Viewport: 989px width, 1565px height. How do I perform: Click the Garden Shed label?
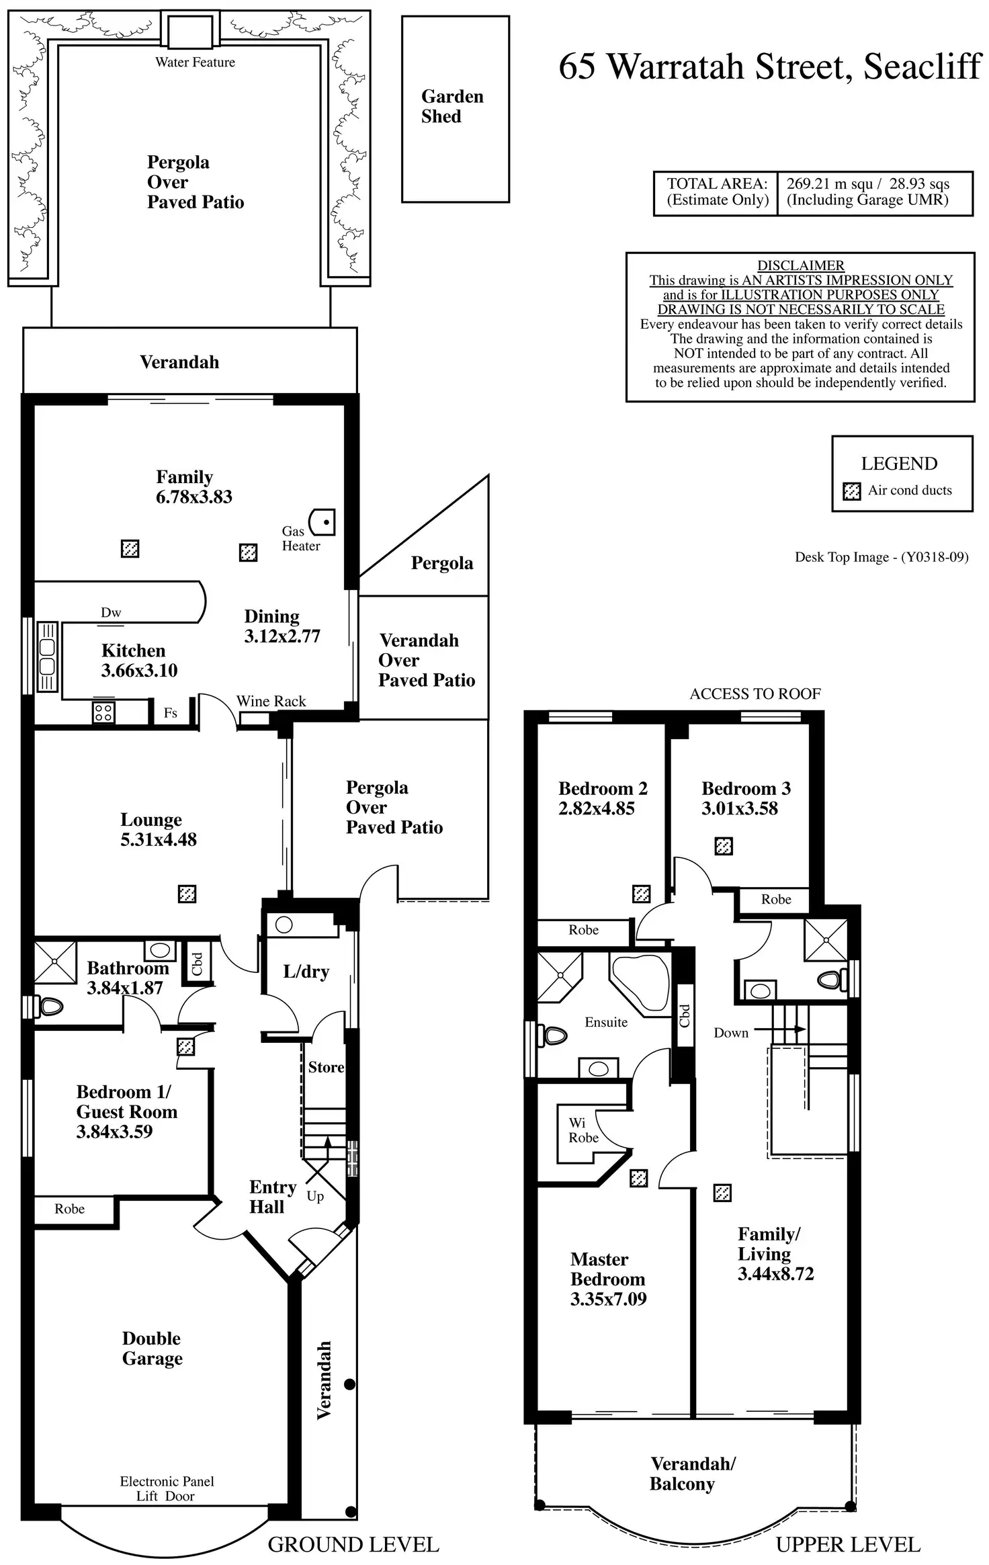[451, 106]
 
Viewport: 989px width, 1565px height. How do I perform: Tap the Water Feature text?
[195, 62]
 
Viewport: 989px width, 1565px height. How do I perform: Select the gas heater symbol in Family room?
[322, 521]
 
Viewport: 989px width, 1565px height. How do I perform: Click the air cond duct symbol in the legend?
[851, 491]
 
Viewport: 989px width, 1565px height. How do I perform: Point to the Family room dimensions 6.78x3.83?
[193, 497]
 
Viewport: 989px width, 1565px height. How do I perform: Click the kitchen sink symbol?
[48, 657]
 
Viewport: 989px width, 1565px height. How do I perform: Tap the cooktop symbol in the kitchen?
[103, 712]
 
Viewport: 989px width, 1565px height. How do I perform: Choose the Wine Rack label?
[271, 702]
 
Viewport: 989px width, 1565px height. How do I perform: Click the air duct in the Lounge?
[187, 894]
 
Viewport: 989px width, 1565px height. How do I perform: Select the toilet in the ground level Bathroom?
[48, 1007]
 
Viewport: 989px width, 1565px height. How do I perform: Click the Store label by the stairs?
[326, 1067]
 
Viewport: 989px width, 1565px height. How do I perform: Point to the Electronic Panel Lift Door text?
[167, 1488]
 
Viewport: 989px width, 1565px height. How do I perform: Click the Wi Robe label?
[583, 1130]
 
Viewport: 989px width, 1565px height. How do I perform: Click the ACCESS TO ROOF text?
[755, 694]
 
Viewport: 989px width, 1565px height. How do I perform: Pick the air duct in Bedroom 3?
[724, 846]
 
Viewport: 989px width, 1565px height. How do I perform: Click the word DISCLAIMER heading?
[800, 265]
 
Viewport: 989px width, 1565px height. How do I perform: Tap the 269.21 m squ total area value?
[830, 184]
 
